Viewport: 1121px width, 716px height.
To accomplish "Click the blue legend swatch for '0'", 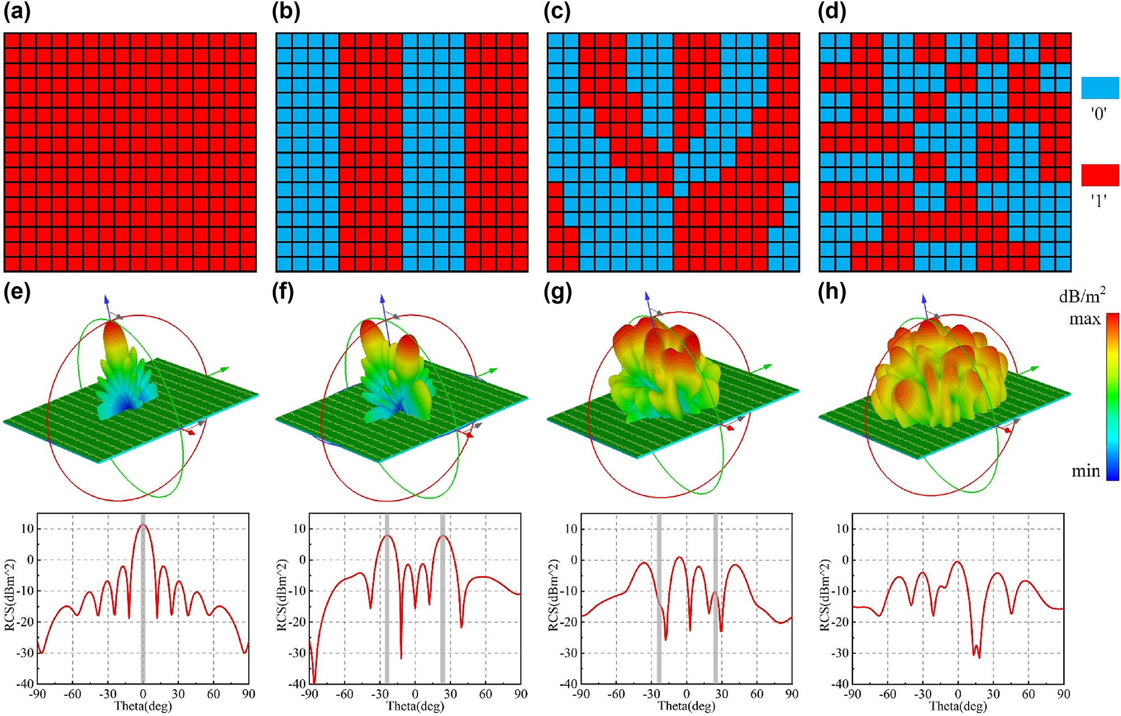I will (1100, 88).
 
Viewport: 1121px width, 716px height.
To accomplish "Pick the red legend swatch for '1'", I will (1100, 175).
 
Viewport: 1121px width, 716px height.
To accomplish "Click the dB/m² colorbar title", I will (1082, 295).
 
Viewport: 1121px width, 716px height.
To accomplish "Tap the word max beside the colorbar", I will (1085, 319).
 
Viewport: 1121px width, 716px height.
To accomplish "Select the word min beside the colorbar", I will (1086, 471).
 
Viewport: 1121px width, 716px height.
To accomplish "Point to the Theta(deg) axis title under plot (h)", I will (958, 706).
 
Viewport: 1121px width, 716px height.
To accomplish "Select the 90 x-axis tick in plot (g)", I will (792, 694).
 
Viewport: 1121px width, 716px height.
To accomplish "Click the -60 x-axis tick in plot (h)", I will (887, 694).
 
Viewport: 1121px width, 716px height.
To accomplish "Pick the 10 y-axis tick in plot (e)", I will (27, 529).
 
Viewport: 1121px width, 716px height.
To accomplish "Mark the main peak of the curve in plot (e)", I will (143, 525).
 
